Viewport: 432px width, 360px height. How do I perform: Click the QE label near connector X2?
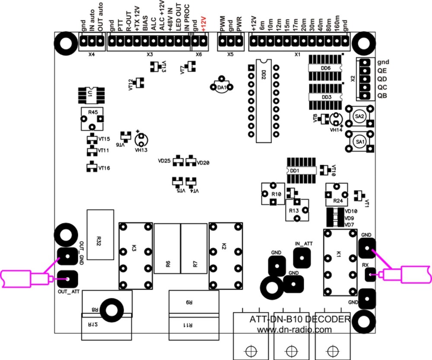click(382, 71)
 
